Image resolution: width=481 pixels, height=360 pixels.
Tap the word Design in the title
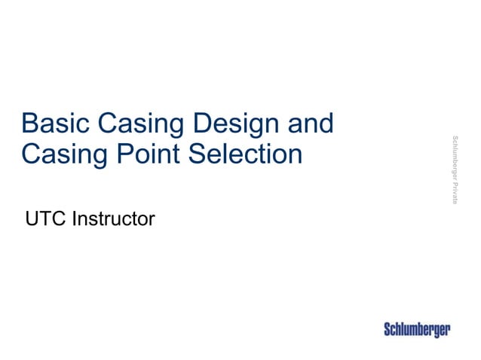[245, 123]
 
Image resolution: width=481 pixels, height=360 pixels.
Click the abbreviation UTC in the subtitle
[43, 219]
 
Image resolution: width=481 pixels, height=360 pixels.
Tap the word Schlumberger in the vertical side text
[455, 156]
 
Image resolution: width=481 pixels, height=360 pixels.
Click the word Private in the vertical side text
[455, 191]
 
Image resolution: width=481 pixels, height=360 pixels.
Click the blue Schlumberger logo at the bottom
[417, 330]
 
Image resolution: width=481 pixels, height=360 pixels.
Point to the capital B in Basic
[29, 123]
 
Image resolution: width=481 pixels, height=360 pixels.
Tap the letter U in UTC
[31, 219]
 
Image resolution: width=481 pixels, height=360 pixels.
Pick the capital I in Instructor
[72, 219]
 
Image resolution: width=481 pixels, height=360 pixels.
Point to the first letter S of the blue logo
[388, 330]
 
